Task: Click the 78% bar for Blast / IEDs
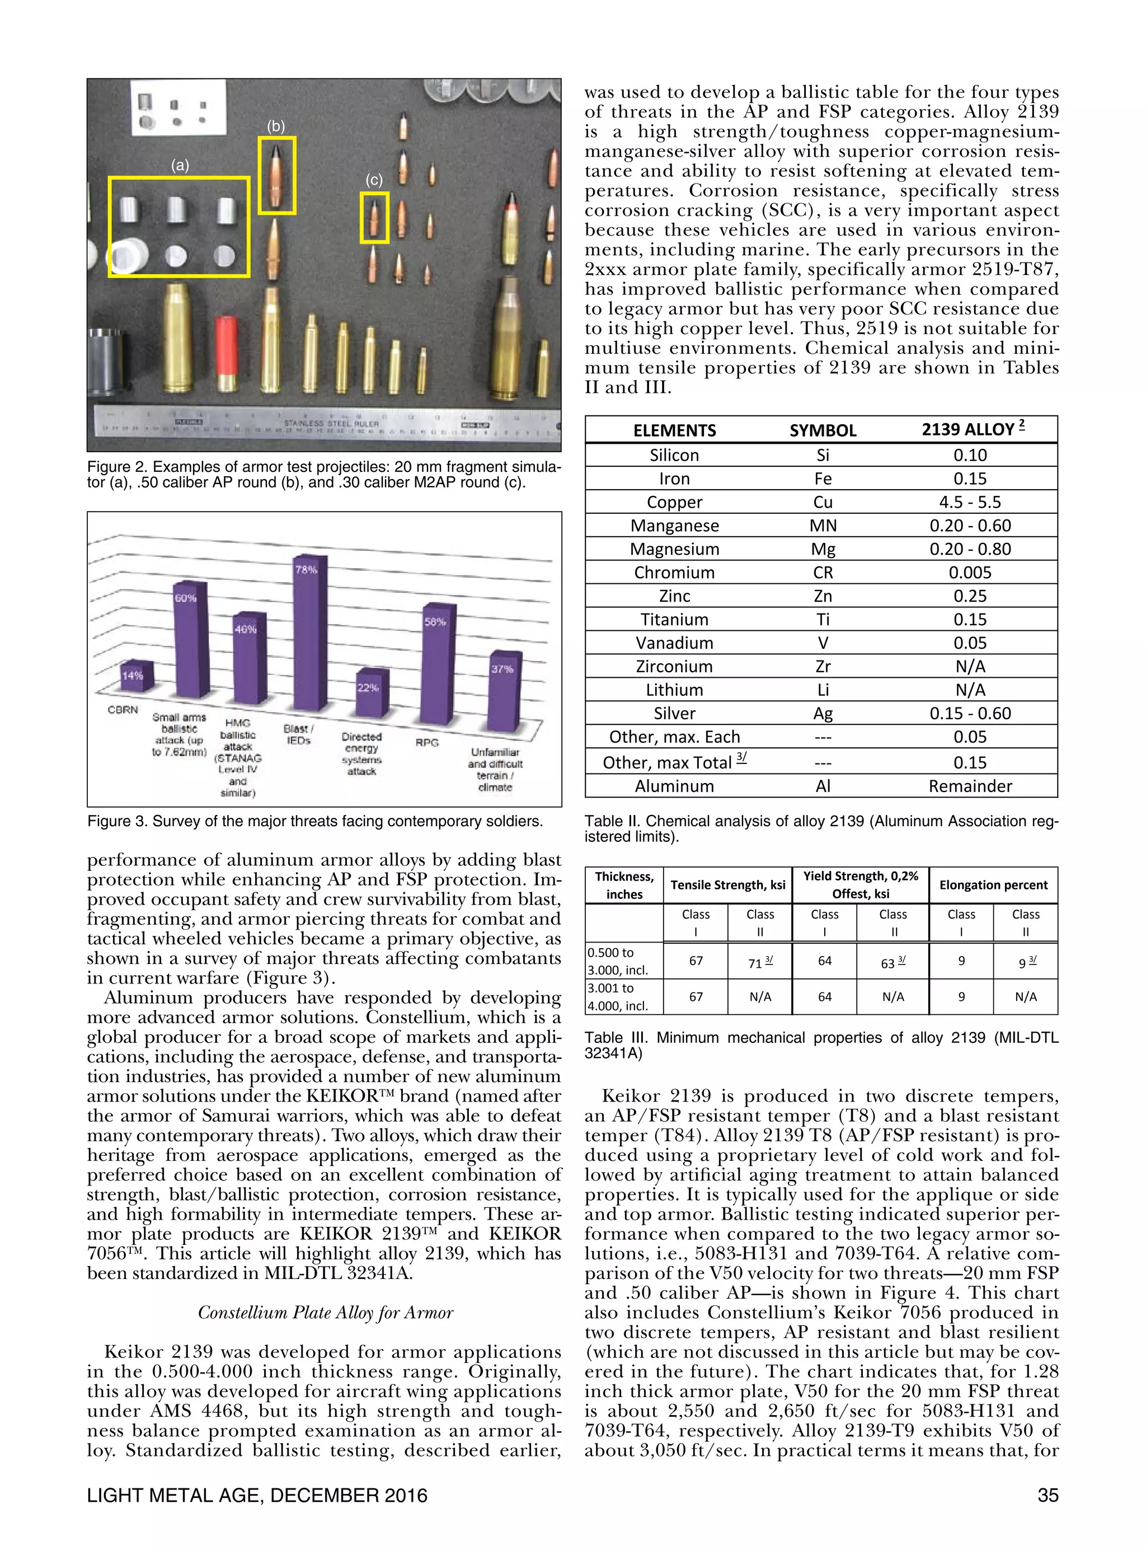(310, 635)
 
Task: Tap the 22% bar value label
(368, 688)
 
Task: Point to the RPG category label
(428, 742)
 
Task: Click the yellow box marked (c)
(374, 218)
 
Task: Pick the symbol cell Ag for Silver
(823, 713)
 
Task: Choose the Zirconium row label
(674, 666)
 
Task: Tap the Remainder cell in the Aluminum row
(969, 786)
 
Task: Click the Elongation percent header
(993, 885)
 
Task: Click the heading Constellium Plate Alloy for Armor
(325, 1313)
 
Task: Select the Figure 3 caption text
(315, 822)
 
